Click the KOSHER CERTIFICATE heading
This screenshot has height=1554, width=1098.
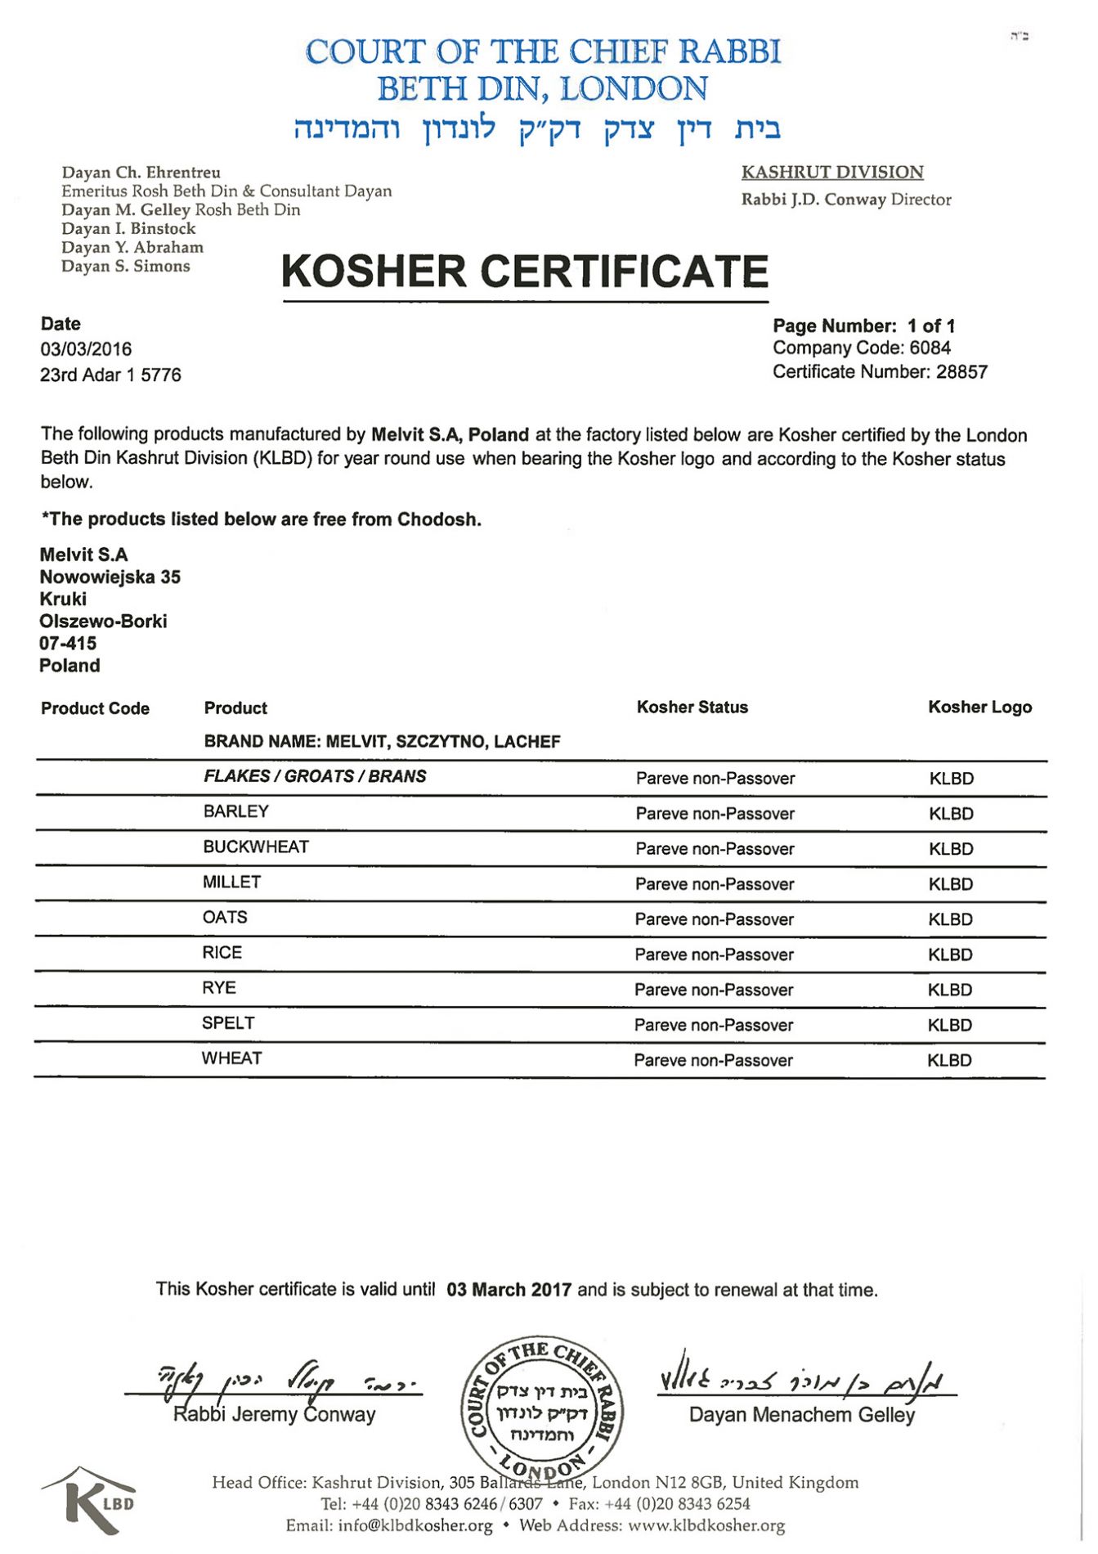tap(525, 272)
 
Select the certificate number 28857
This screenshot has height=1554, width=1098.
tap(961, 372)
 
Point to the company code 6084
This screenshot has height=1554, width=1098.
tap(930, 348)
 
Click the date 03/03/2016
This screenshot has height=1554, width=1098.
tap(86, 349)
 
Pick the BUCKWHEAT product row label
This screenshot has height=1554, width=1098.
tap(256, 847)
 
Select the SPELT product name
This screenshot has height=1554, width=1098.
tap(228, 1023)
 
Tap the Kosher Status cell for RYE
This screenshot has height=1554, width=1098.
tap(714, 990)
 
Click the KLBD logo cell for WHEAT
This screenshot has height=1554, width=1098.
tap(949, 1061)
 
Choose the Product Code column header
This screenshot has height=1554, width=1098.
tap(95, 708)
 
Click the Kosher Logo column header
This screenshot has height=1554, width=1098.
tap(979, 707)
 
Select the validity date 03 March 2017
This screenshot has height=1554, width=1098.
tap(509, 1290)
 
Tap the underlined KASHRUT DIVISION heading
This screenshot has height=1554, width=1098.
tap(832, 173)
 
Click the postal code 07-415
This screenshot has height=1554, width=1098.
tap(68, 644)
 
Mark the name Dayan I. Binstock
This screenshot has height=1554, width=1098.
tap(128, 229)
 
